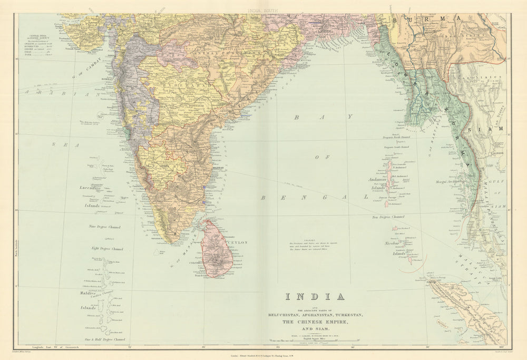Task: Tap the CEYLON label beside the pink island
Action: pos(237,242)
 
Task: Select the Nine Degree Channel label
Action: pos(106,227)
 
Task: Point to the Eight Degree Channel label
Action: pos(107,249)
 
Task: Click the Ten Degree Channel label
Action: pos(388,217)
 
